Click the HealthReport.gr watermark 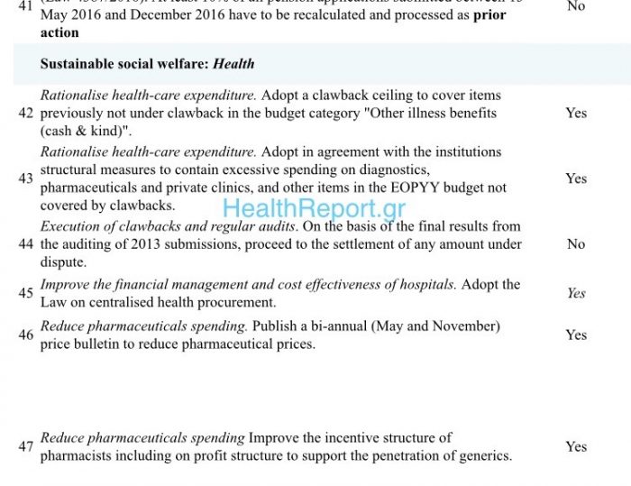coord(314,209)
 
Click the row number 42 coord(25,114)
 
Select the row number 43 coord(25,179)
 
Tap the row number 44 coord(25,244)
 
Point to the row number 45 coord(25,293)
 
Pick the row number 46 coord(25,335)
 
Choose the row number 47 coord(25,446)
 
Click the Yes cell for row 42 coord(576,114)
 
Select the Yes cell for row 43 coord(576,179)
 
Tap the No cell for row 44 coord(576,244)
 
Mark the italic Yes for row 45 coord(576,293)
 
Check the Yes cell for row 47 coord(576,446)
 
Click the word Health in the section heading coord(233,64)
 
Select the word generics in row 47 coord(483,455)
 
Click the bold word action coord(59,32)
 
